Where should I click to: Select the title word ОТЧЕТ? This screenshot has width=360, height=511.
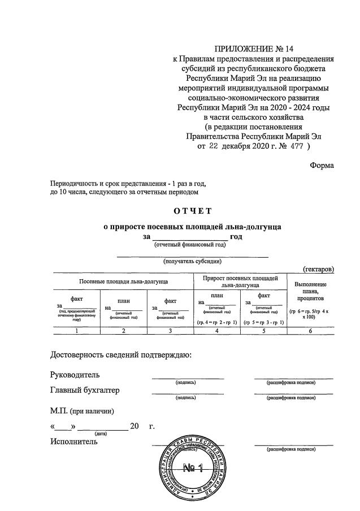(x=192, y=211)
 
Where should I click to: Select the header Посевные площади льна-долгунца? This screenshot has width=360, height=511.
(x=123, y=280)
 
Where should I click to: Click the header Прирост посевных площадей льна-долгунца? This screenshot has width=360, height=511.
(x=240, y=282)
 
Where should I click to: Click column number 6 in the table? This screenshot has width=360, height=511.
(x=311, y=331)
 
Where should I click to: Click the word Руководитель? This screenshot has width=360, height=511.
(x=75, y=374)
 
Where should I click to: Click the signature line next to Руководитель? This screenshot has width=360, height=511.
(x=188, y=378)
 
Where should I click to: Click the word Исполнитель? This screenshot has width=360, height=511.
(x=73, y=441)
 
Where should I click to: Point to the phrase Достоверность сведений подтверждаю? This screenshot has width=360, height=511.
(x=121, y=355)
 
